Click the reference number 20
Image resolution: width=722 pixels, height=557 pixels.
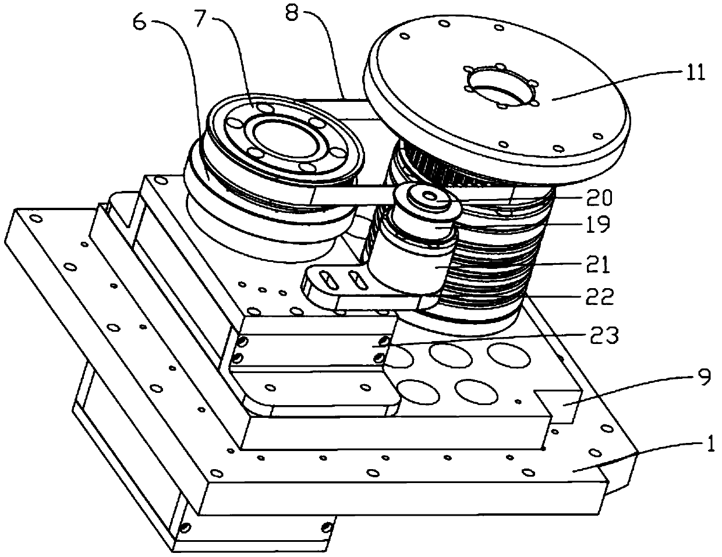coord(599,198)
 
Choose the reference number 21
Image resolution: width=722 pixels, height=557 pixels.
coord(599,265)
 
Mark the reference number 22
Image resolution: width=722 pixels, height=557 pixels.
coord(599,297)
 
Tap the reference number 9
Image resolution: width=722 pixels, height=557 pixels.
coord(703,379)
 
